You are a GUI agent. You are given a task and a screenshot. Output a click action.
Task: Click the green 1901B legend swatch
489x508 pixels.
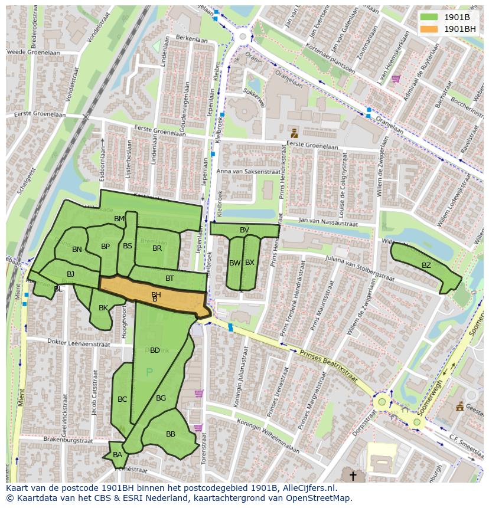429,17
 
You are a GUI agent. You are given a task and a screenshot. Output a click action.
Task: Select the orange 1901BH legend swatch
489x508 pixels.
429,29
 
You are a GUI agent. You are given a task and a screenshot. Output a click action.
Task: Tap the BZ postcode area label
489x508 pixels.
426,266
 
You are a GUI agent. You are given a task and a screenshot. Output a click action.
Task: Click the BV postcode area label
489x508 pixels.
244,230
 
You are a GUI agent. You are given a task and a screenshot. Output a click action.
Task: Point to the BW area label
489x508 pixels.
235,263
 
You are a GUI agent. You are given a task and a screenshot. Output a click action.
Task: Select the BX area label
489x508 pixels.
250,263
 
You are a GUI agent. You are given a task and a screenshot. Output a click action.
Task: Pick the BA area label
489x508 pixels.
118,455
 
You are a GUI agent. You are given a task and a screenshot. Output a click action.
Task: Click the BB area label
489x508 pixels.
171,434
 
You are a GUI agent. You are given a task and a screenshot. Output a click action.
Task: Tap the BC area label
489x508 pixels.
122,399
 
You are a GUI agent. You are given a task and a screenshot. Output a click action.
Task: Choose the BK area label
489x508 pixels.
103,308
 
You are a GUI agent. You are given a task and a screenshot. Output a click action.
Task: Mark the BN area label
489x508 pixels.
77,250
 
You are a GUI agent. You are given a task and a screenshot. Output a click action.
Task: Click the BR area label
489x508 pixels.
157,248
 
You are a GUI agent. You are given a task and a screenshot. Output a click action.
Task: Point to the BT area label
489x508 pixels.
169,278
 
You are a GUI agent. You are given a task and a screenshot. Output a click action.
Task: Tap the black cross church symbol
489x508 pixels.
353,475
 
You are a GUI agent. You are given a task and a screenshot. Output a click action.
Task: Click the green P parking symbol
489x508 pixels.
149,372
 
